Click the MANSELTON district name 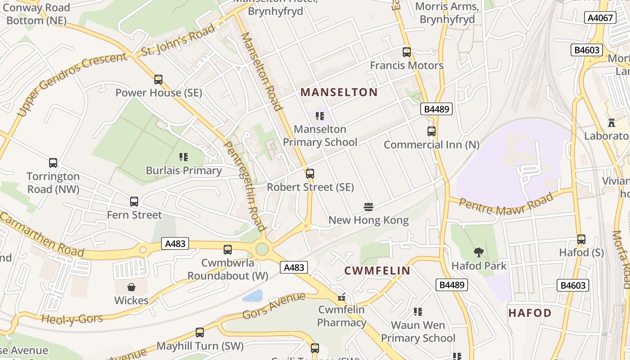tap(339, 92)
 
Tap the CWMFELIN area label tap(377, 270)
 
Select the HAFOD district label tap(530, 313)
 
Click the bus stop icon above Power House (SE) tap(158, 80)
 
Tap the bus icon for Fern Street tap(134, 202)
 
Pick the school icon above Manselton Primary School tap(320, 116)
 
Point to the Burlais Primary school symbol tap(184, 157)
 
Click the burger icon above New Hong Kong tap(369, 207)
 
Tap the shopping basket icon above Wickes tap(131, 287)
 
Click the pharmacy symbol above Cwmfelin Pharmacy tap(342, 297)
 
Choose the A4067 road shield tap(600, 18)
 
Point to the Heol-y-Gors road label tap(72, 319)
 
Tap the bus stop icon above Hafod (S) tap(581, 239)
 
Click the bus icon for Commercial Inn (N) tap(432, 131)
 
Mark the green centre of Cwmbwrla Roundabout tap(262, 248)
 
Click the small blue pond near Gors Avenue tap(252, 296)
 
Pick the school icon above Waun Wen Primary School tap(418, 311)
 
